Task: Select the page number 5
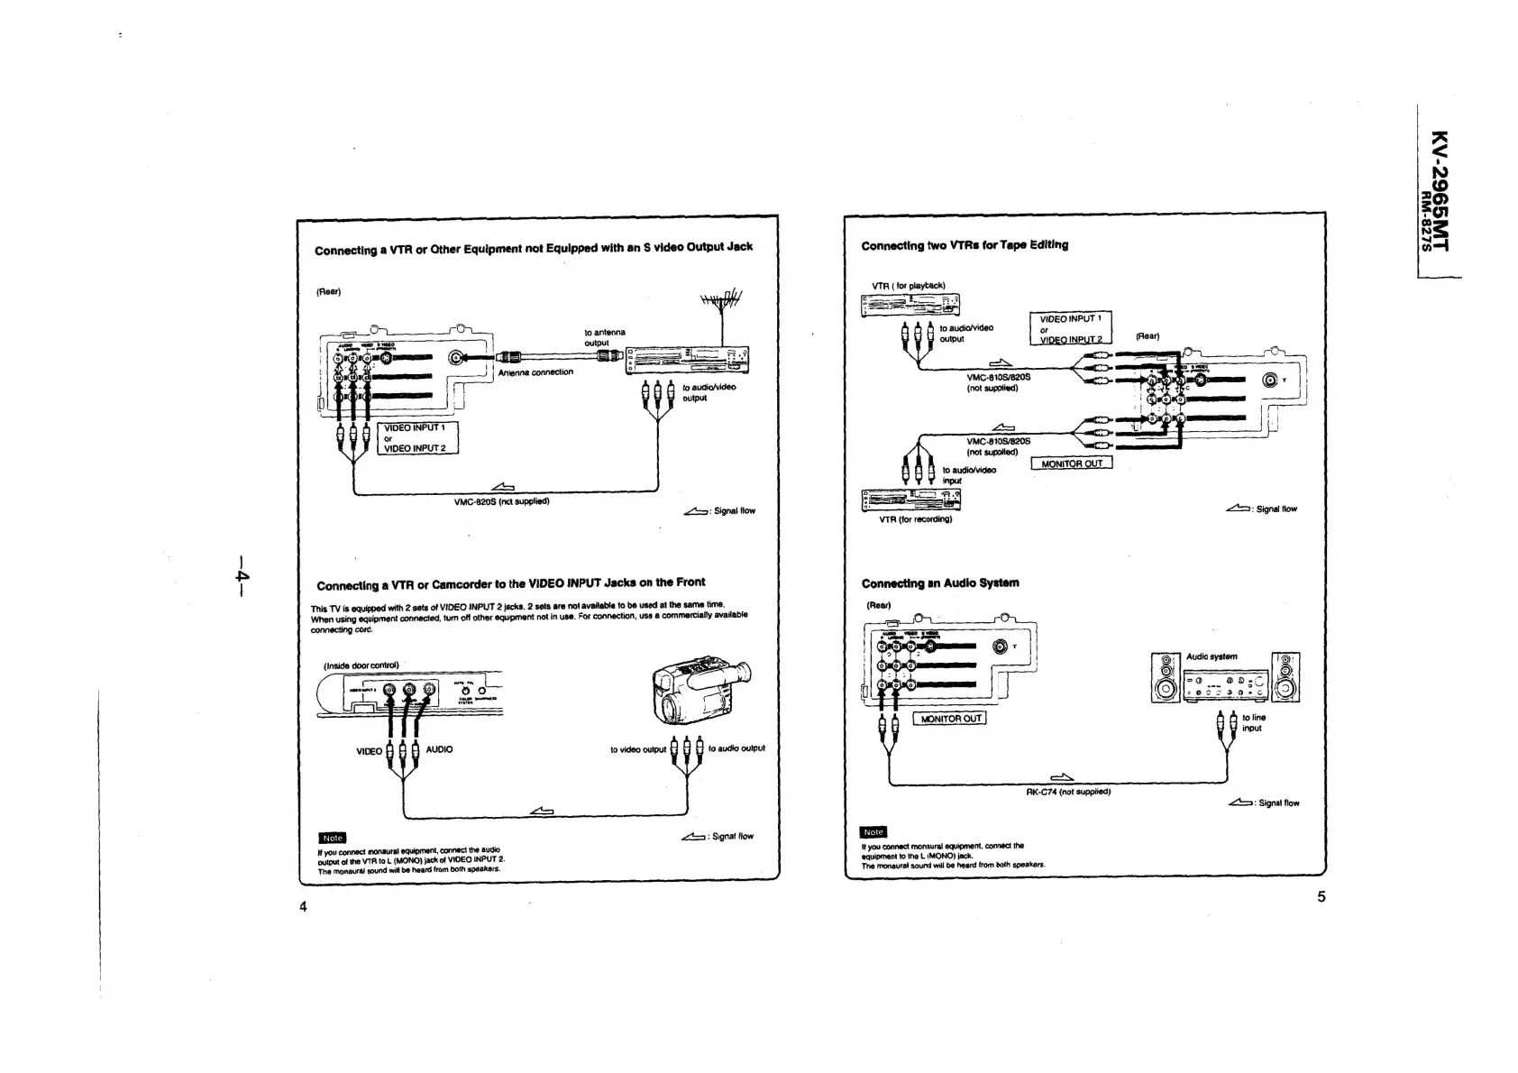point(1321,896)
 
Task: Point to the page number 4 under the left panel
point(303,906)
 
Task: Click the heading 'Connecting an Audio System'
point(939,582)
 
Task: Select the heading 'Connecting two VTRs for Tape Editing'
point(964,245)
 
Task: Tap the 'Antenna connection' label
point(535,371)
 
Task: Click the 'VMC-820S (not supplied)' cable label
point(501,501)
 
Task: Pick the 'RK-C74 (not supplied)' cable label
point(1068,792)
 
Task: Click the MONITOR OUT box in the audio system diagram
point(949,719)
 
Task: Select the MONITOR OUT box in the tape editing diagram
point(1071,463)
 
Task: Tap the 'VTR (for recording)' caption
point(915,519)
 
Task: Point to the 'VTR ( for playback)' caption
point(908,286)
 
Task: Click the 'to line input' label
point(1253,722)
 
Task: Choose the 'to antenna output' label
point(604,337)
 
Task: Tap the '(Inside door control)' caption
point(361,665)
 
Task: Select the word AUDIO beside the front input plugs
point(439,749)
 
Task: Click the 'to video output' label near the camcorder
point(638,749)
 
